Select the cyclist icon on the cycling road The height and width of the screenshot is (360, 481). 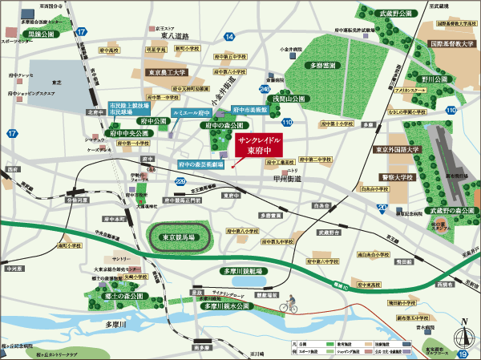click(289, 305)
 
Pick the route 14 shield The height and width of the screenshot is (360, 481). click(229, 37)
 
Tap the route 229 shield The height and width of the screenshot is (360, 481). click(180, 182)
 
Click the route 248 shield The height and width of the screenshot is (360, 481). click(265, 89)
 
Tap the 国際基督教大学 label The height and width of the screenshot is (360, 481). click(450, 46)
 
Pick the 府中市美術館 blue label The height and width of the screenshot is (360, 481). click(249, 108)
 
